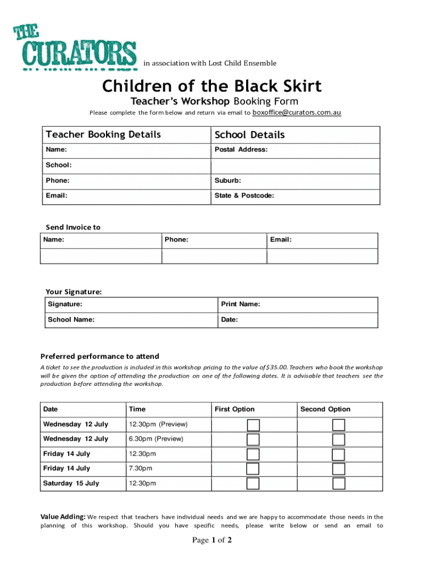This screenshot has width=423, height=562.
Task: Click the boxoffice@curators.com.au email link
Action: click(297, 113)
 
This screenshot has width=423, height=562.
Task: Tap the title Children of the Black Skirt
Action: click(211, 86)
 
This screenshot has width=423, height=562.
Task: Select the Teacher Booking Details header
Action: click(103, 134)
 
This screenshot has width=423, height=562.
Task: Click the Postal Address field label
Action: click(241, 149)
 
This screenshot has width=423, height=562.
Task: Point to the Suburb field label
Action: click(227, 181)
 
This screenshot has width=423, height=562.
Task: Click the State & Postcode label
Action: click(244, 195)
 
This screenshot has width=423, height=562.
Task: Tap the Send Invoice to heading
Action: click(73, 227)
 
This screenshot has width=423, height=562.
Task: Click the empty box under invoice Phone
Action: click(214, 256)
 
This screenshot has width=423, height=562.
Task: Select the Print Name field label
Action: click(241, 304)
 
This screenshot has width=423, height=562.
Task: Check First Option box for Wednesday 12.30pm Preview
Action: click(253, 425)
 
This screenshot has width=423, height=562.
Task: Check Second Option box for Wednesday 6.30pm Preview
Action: click(338, 439)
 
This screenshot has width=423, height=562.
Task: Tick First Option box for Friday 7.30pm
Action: click(253, 469)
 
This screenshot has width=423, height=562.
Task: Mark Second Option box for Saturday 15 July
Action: click(338, 484)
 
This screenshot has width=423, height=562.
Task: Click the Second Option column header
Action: click(325, 409)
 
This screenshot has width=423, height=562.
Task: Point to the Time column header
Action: click(137, 409)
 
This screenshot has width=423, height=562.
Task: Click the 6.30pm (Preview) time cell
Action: click(156, 439)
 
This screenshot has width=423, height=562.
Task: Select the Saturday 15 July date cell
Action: click(71, 484)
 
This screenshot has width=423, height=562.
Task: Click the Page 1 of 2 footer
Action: click(211, 541)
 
